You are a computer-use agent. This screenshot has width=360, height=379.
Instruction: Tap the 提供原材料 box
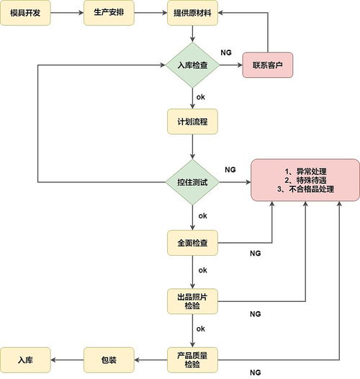[192, 13]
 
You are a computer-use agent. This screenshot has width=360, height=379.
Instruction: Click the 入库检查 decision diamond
[192, 65]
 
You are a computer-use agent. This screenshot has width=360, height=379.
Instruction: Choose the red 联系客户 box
[267, 65]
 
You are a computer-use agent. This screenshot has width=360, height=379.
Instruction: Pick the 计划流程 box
[192, 121]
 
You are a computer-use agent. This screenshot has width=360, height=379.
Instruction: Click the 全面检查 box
[192, 243]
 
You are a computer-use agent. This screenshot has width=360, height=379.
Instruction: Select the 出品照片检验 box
[192, 301]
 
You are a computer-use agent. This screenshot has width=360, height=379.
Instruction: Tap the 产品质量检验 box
[192, 360]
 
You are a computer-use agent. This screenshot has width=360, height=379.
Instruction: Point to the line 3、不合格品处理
[306, 189]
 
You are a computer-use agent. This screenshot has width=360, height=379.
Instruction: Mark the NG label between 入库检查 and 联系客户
[225, 53]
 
